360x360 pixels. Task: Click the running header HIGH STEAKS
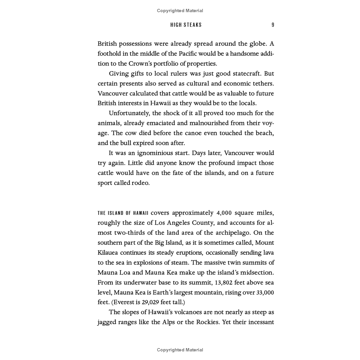click(x=186, y=25)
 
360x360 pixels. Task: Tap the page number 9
click(x=273, y=25)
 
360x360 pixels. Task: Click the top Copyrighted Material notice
click(x=180, y=11)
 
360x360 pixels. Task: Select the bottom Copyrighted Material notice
click(x=180, y=350)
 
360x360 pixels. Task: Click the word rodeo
click(x=141, y=183)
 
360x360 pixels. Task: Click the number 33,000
click(x=265, y=293)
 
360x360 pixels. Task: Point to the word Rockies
click(x=207, y=322)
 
